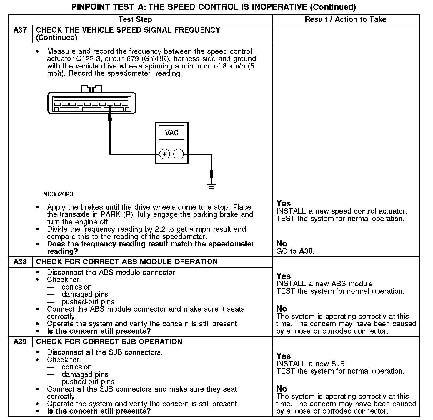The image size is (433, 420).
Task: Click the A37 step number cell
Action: tap(20, 30)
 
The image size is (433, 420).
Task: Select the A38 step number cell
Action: tap(20, 262)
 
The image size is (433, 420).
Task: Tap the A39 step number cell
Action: tap(20, 342)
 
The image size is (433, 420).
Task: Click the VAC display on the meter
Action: tap(171, 133)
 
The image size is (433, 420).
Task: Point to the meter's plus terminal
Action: tap(165, 154)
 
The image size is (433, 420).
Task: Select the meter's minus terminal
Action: tap(179, 154)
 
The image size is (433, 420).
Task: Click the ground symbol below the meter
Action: tap(211, 186)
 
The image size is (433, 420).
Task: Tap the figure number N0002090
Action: tap(58, 194)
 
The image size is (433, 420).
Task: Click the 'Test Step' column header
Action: tap(135, 20)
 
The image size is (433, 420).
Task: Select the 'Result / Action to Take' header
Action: tap(346, 20)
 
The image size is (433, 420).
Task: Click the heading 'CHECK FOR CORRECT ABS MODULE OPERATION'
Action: tap(127, 262)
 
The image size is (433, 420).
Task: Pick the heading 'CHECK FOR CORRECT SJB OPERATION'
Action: tap(109, 342)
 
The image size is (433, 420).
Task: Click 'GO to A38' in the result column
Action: tap(295, 251)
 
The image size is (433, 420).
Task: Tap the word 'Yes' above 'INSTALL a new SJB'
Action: tap(284, 356)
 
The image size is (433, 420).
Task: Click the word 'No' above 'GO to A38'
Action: tap(282, 243)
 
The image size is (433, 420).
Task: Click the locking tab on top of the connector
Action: tap(91, 88)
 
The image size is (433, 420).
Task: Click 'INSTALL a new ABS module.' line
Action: tap(325, 284)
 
